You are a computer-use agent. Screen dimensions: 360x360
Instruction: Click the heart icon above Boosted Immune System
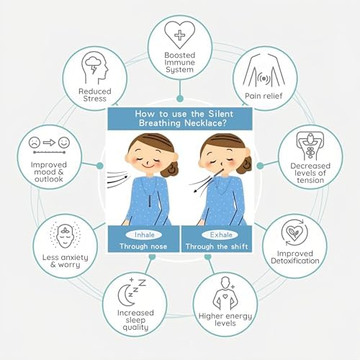point(179,35)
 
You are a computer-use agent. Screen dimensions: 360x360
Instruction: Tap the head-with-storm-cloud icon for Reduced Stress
point(94,68)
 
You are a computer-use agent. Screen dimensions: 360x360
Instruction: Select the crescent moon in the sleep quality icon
point(126,295)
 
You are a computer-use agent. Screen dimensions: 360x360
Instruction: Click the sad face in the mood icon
point(35,143)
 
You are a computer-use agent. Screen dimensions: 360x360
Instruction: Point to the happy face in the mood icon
point(64,143)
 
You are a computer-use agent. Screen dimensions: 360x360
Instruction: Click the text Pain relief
point(264,96)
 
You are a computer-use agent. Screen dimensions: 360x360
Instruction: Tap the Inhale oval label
point(144,235)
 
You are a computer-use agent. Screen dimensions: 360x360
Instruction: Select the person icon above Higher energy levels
point(225,293)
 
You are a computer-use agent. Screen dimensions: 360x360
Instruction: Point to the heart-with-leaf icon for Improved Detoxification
point(295,232)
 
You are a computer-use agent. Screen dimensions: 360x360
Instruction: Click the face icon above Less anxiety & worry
point(65,235)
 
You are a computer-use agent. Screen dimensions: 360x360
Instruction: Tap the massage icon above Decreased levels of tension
point(310,146)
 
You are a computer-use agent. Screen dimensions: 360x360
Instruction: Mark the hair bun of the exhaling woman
point(244,165)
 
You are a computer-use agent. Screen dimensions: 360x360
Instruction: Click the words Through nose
point(143,246)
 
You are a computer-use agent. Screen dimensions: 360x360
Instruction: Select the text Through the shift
point(217,246)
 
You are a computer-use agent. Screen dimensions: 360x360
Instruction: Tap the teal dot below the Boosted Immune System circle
point(180,99)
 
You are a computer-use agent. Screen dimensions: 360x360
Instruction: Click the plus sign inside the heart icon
point(179,35)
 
